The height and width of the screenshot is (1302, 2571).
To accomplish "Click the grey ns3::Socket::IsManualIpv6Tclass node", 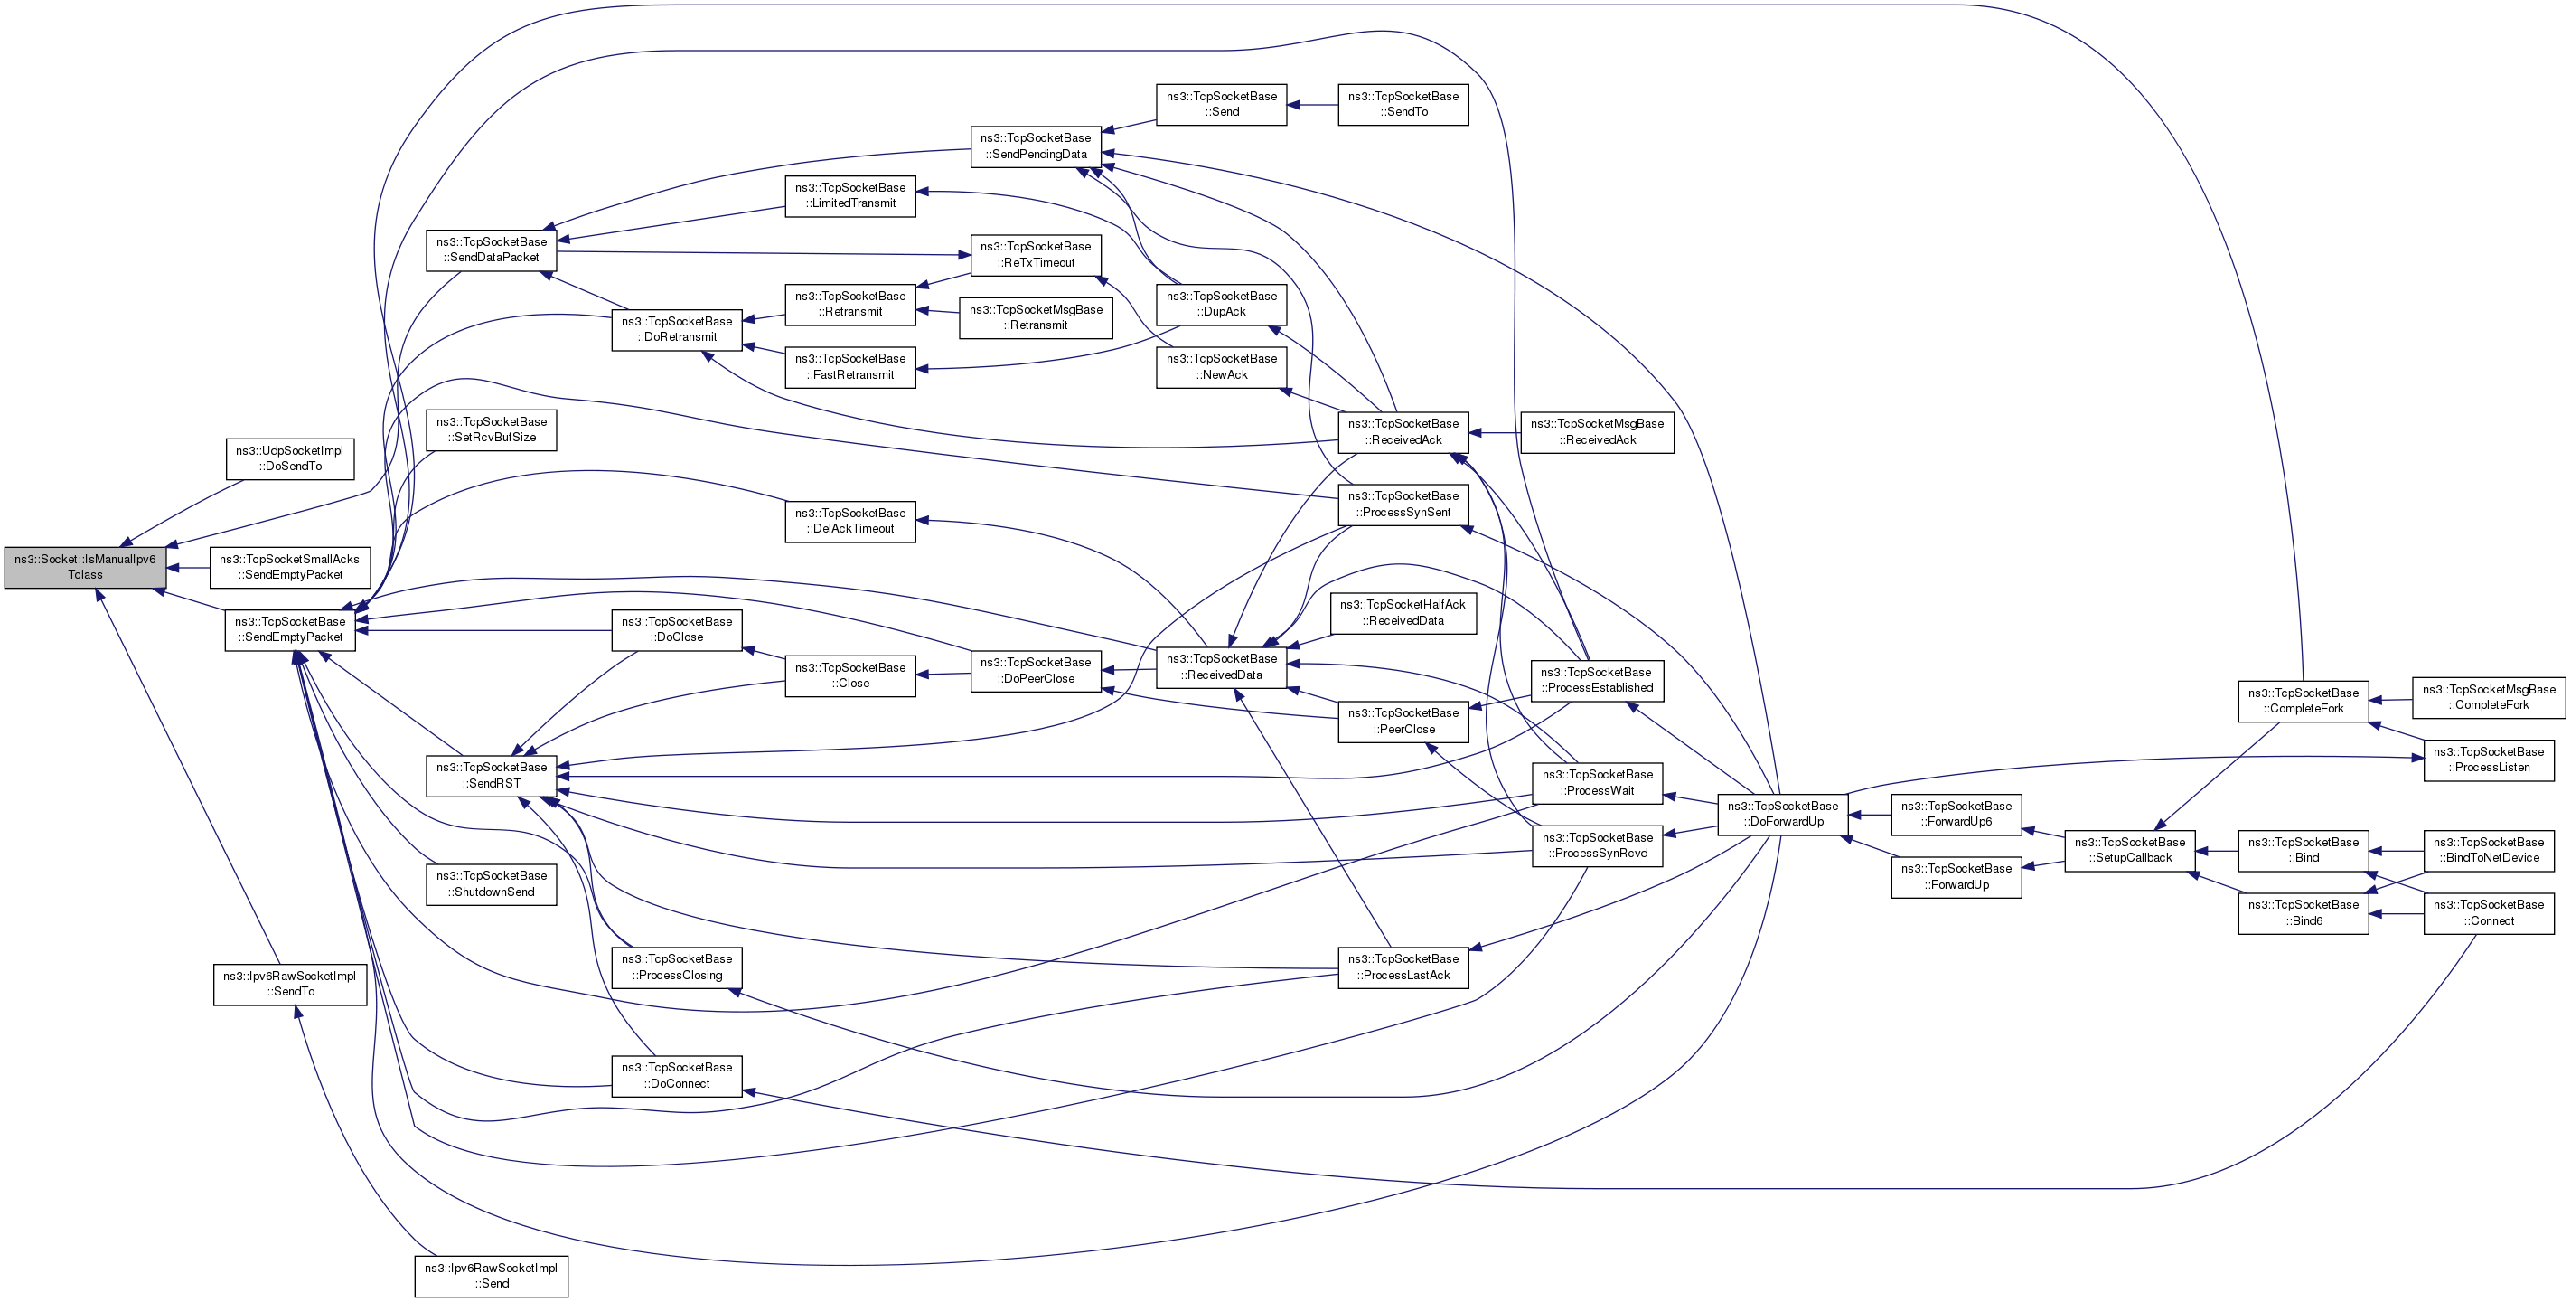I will pos(85,567).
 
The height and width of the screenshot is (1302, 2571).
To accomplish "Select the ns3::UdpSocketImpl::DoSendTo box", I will pos(289,458).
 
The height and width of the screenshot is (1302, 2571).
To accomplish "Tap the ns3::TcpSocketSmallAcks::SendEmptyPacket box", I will pos(289,567).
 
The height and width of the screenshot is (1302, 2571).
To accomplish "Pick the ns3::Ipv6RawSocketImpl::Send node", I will pos(491,1276).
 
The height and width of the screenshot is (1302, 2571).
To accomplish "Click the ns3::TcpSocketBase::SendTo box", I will pos(1403,104).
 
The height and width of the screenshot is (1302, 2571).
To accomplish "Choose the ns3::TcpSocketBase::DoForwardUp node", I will pos(1783,814).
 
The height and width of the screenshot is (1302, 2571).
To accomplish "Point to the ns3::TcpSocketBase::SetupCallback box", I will pos(2129,850).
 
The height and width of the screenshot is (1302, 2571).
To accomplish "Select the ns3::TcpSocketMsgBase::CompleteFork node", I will pos(2488,697).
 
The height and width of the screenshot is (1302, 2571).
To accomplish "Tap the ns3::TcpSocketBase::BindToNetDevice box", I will pos(2488,850).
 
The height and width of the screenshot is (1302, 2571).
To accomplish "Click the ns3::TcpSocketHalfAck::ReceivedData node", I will pos(1403,612).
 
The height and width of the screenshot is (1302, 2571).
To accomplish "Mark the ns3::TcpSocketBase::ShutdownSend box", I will pos(491,883).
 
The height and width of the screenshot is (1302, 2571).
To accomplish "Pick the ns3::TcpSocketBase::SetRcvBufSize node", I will pos(491,429).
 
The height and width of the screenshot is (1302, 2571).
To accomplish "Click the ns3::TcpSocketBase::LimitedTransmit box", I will pos(850,195).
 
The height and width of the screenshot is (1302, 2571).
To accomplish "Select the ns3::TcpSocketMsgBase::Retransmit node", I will pos(1036,317).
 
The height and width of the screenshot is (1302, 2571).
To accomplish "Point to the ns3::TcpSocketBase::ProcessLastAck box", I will pos(1403,967).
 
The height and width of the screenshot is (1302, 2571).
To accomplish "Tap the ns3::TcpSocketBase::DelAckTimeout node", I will pos(850,521).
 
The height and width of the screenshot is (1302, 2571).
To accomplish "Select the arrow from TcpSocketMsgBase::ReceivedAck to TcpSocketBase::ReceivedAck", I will pos(1495,432).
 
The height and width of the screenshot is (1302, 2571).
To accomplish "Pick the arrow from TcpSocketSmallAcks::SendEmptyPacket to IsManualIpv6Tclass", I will pos(189,568).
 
